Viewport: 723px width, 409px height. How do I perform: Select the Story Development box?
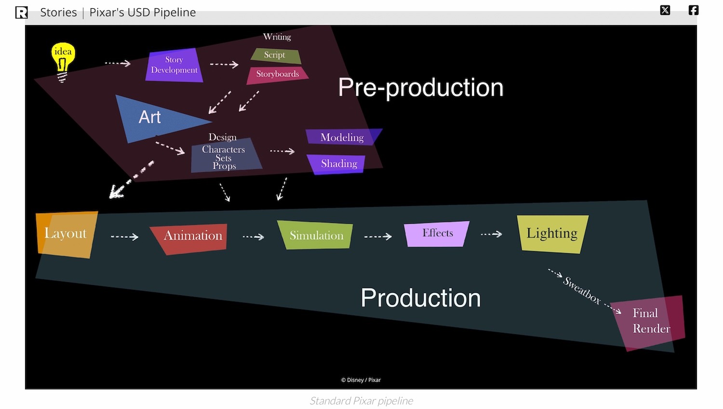(174, 65)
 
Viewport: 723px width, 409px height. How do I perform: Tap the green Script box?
(276, 55)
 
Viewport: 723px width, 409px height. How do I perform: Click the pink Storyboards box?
(278, 74)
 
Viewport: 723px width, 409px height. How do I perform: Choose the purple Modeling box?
(342, 137)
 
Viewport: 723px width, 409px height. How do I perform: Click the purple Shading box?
(338, 164)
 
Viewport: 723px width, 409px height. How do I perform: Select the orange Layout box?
(66, 234)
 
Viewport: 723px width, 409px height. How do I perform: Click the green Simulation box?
(316, 235)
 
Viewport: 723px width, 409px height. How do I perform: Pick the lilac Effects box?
(437, 233)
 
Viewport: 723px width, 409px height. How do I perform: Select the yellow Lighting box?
(552, 234)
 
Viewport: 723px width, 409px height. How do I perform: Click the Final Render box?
(651, 322)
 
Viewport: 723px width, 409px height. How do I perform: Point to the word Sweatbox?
(582, 290)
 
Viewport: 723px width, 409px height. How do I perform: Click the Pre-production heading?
(421, 88)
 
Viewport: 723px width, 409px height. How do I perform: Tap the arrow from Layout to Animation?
(124, 237)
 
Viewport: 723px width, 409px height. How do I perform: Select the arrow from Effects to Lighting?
(491, 234)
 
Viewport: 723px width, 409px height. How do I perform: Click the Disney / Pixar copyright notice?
(361, 380)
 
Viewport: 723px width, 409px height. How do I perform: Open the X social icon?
(665, 10)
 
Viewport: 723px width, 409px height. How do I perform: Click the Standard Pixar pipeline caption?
(361, 401)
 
